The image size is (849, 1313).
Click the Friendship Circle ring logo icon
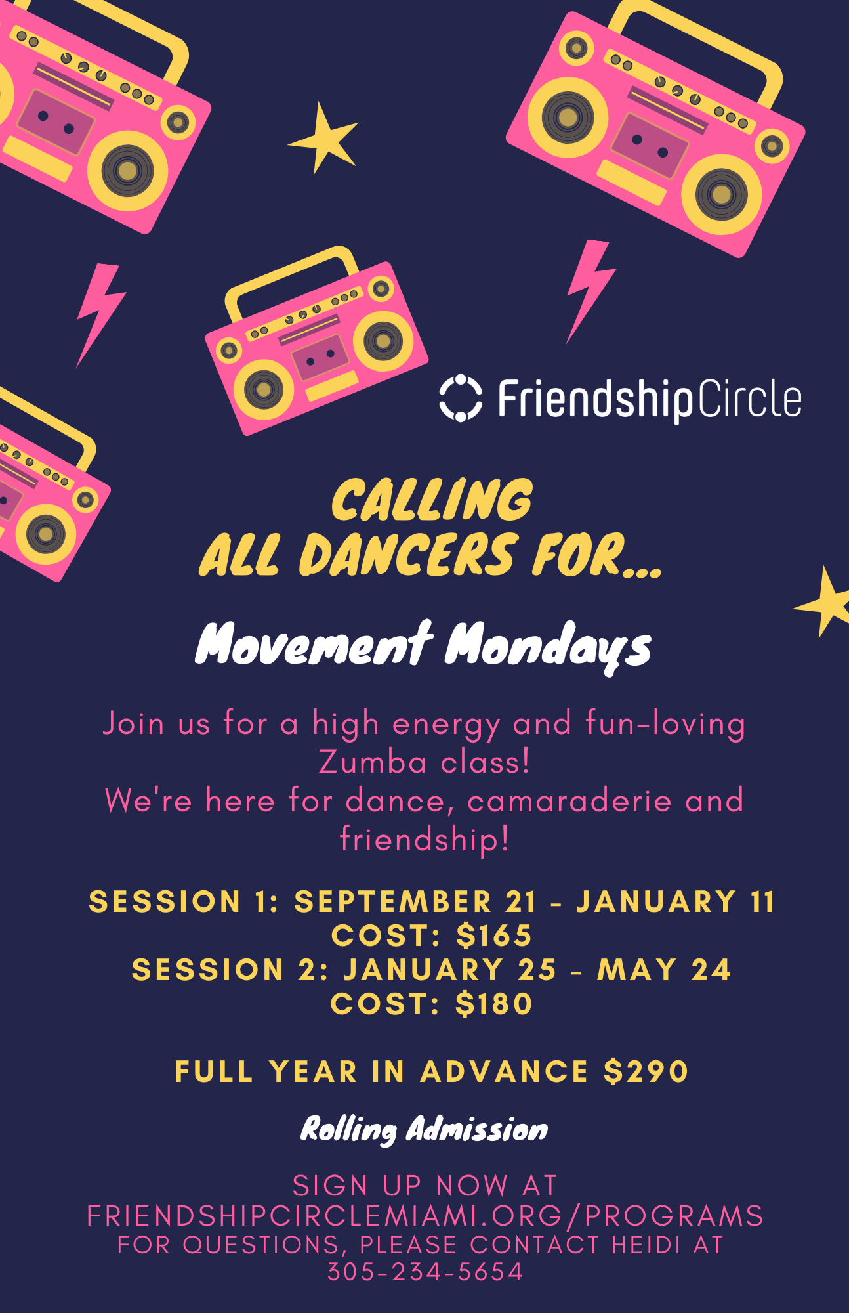pos(461,398)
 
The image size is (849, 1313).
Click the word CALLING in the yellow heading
pos(432,500)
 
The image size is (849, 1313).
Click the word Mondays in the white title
pos(549,647)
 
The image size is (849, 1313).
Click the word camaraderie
pos(569,801)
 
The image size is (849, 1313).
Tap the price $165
pos(494,936)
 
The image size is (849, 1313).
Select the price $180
pos(494,1004)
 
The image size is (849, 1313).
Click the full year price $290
pos(646,1071)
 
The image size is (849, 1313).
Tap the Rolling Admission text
pos(424,1130)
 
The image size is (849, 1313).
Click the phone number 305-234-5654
pos(425,1272)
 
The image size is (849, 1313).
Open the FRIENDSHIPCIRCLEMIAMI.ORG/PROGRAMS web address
pos(425,1216)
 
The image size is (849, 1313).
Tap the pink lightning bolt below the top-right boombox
pos(590,291)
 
